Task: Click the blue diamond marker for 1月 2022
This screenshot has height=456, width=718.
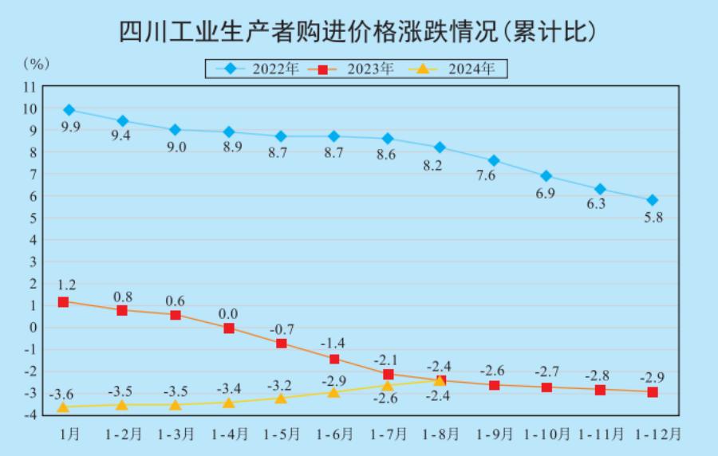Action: pos(69,110)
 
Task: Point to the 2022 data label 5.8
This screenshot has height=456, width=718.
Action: pos(653,217)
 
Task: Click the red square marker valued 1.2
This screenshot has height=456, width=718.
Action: pos(63,302)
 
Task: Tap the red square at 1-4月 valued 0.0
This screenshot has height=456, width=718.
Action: pos(229,328)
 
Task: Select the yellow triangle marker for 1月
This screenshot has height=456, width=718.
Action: pos(63,407)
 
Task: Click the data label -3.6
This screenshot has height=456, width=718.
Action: pos(62,394)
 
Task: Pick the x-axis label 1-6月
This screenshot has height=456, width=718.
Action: pos(335,434)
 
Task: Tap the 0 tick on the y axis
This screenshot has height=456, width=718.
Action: pos(33,327)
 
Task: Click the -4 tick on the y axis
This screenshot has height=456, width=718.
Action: pos(30,415)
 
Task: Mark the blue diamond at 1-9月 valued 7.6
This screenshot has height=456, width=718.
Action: pos(494,160)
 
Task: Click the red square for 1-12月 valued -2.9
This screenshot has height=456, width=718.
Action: pos(653,391)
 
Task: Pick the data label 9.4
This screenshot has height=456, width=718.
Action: pos(120,136)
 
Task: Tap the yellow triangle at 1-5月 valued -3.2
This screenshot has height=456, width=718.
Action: pos(281,398)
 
